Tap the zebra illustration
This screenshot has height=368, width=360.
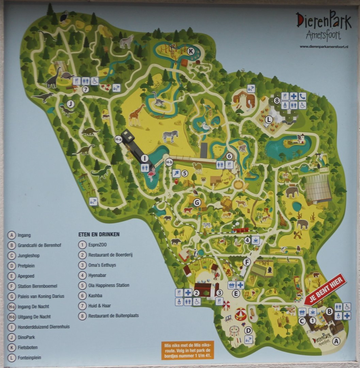tap(170, 136)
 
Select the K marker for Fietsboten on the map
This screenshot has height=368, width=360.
tap(191, 51)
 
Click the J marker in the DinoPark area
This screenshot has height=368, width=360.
tap(71, 104)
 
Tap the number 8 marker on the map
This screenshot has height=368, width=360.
tap(277, 101)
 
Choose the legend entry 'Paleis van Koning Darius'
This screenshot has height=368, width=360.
tap(41, 296)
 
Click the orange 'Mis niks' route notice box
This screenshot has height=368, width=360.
tap(188, 350)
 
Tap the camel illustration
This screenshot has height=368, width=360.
tap(197, 167)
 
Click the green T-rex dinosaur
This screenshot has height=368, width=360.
tap(101, 172)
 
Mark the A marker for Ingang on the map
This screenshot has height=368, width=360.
tap(336, 340)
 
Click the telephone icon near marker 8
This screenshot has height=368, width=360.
tap(302, 96)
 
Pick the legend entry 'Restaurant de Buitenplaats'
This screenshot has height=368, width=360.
tap(113, 316)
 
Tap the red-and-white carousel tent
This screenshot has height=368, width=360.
tap(241, 313)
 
